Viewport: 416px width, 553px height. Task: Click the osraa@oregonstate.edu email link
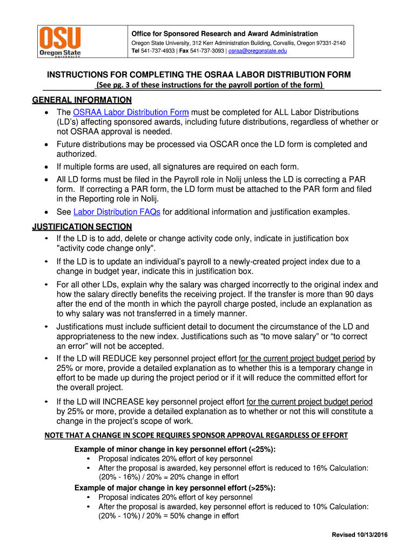pyautogui.click(x=257, y=51)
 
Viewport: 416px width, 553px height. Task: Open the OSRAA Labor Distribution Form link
pyautogui.click(x=131, y=112)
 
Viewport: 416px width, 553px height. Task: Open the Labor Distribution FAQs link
pyautogui.click(x=117, y=212)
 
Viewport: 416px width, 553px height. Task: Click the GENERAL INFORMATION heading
pyautogui.click(x=82, y=100)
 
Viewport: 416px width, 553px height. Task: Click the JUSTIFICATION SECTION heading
pyautogui.click(x=82, y=227)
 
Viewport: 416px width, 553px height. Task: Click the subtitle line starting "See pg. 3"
pyautogui.click(x=210, y=85)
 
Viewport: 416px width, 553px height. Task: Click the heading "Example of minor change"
pyautogui.click(x=175, y=450)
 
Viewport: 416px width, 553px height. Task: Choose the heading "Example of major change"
pyautogui.click(x=175, y=488)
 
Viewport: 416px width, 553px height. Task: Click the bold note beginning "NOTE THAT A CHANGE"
pyautogui.click(x=196, y=435)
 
